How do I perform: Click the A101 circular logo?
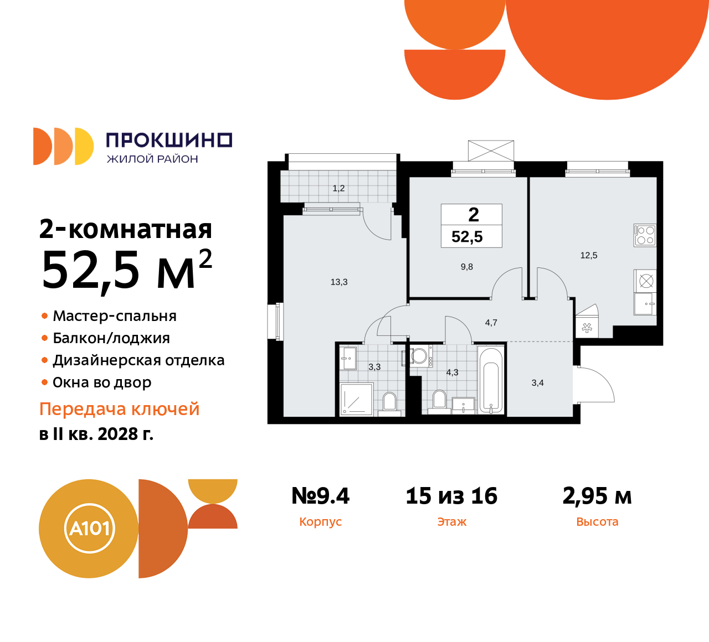[x=89, y=528]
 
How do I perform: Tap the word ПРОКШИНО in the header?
[x=169, y=140]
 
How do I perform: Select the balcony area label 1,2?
[x=338, y=188]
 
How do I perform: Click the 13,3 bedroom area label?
[x=339, y=282]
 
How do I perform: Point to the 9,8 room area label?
[x=467, y=267]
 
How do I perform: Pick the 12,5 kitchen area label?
[x=589, y=255]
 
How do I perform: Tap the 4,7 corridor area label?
[x=491, y=323]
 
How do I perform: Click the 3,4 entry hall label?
[x=537, y=382]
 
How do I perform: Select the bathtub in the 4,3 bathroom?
[x=491, y=380]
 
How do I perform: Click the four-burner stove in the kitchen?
[x=645, y=235]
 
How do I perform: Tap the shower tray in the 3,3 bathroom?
[x=356, y=398]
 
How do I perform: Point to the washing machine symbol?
[x=419, y=356]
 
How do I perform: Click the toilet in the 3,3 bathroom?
[x=389, y=401]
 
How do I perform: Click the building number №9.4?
[x=320, y=496]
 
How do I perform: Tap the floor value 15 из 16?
[x=451, y=496]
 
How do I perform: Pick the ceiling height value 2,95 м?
[x=597, y=496]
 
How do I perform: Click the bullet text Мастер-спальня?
[x=115, y=316]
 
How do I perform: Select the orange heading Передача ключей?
[x=120, y=409]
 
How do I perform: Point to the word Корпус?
[x=320, y=522]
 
